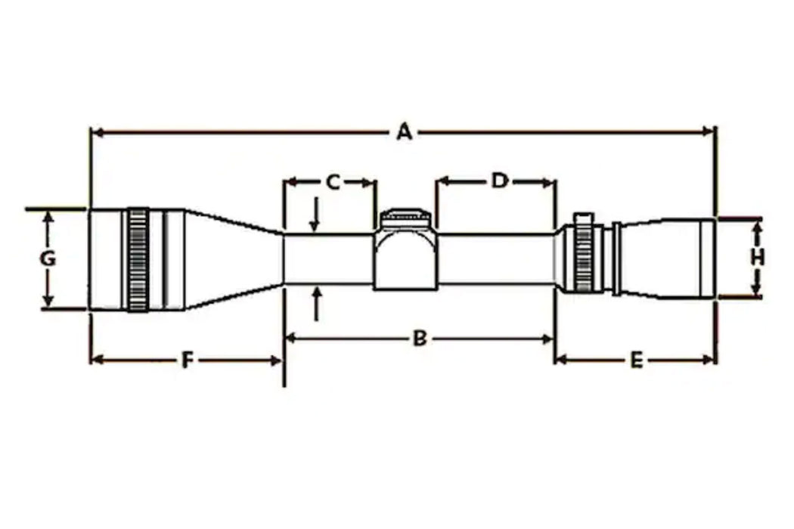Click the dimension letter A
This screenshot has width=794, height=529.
tap(405, 132)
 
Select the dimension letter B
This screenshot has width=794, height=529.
tap(419, 339)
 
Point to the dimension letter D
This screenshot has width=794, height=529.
tap(499, 181)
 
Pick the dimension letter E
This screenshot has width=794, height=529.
tap(636, 360)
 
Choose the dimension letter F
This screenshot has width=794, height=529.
tap(187, 360)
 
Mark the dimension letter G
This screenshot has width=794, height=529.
tap(48, 259)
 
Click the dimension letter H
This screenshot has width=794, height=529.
tap(757, 257)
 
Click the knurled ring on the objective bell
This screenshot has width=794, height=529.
tap(138, 259)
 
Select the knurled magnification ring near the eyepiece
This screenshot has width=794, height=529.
tap(583, 257)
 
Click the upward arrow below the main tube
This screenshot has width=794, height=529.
tap(316, 302)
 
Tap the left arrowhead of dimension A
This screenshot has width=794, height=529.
tap(95, 133)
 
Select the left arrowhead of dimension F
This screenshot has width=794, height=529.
tap(95, 360)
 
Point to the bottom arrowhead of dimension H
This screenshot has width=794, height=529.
tap(756, 290)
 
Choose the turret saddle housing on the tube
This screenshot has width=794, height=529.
tap(405, 261)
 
